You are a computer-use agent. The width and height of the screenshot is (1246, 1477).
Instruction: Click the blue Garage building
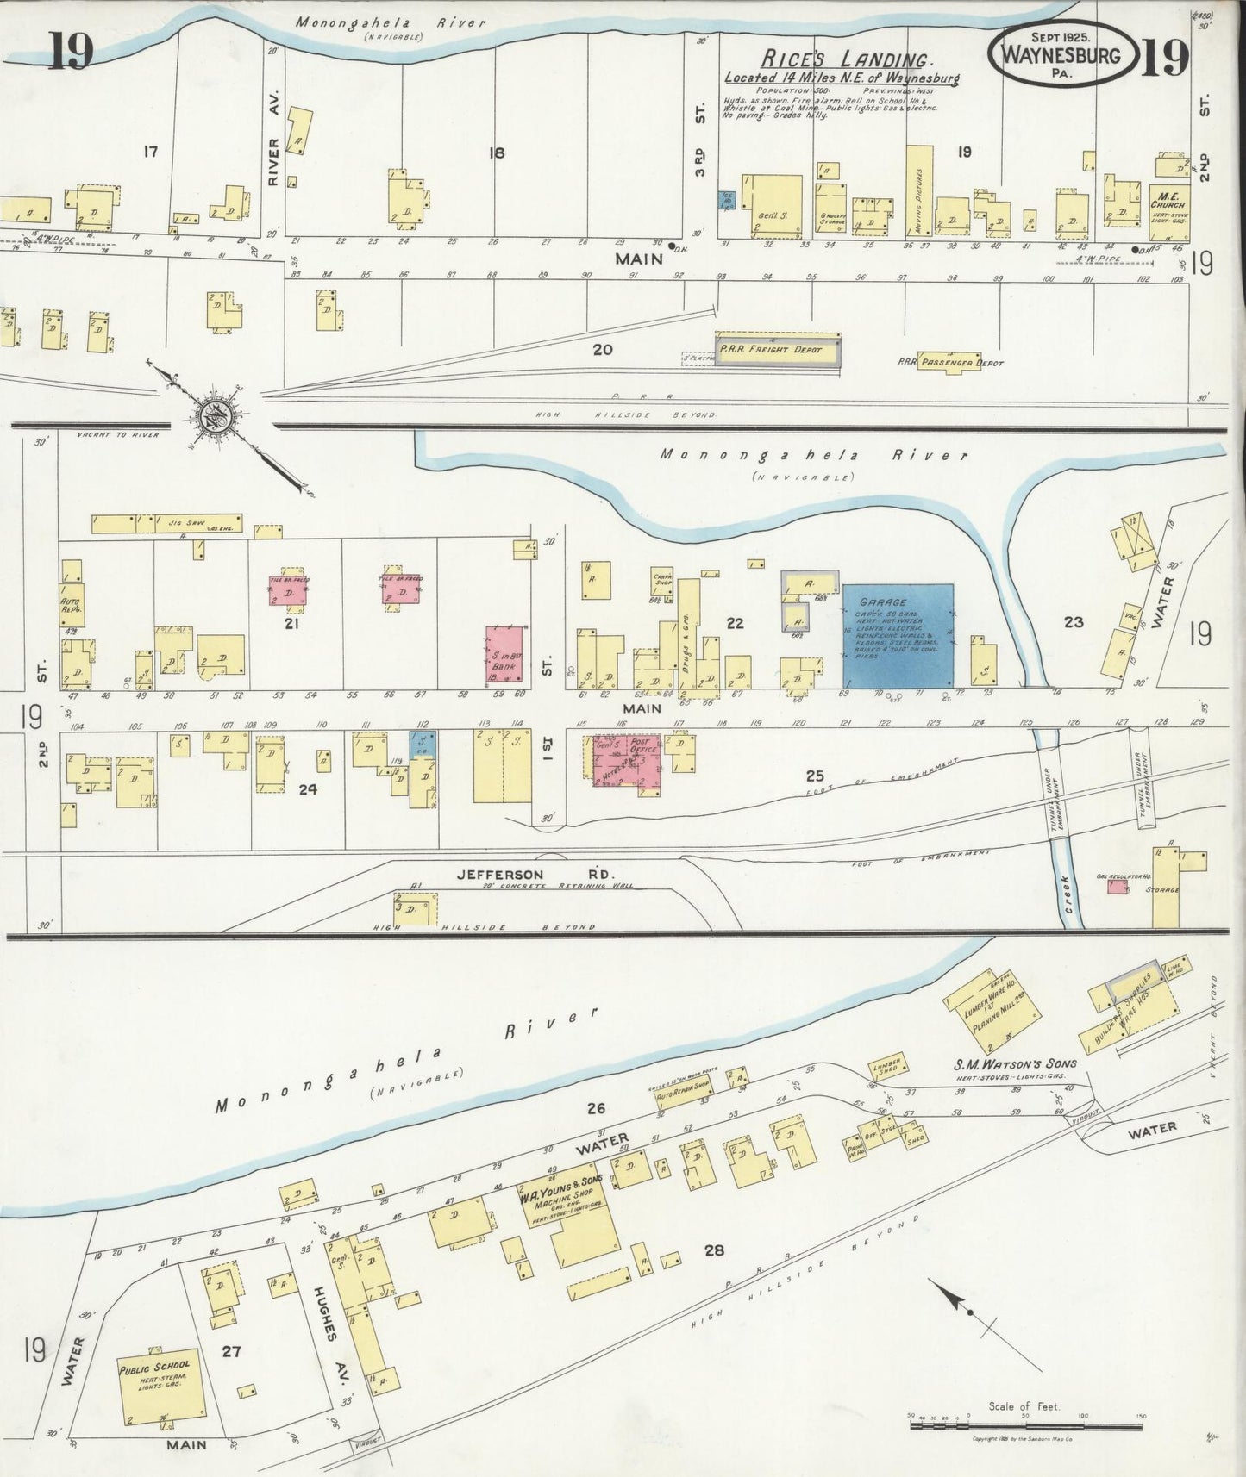coord(898,634)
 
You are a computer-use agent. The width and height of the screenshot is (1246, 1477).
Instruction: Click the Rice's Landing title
coord(845,60)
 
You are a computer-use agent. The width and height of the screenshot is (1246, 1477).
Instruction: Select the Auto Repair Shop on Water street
coord(683,1095)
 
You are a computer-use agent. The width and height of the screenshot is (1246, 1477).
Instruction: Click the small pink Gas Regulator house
coord(1118,884)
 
